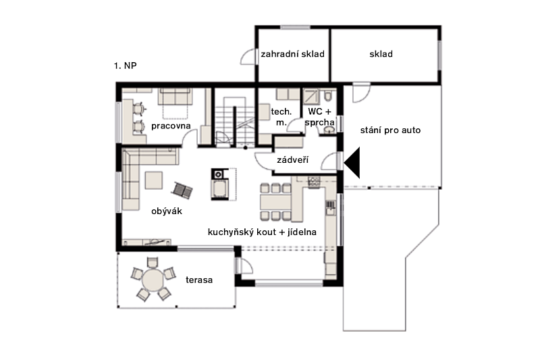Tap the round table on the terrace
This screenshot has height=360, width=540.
153,280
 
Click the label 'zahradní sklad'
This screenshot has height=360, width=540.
293,54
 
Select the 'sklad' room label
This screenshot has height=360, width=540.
381,54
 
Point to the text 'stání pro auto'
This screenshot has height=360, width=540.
391,130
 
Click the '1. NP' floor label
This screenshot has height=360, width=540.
126,66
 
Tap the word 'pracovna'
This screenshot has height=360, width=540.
171,126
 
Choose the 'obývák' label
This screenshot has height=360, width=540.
167,211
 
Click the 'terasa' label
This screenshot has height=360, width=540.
199,280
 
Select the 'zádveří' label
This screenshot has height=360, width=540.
293,160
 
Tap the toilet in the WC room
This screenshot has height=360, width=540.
328,95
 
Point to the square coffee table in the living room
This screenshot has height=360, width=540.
154,180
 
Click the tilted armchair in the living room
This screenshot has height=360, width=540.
182,190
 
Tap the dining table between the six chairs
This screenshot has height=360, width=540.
275,202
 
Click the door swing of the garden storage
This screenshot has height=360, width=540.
248,57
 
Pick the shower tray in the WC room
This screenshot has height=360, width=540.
312,97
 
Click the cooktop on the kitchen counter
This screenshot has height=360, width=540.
314,182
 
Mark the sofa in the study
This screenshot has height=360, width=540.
175,97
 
